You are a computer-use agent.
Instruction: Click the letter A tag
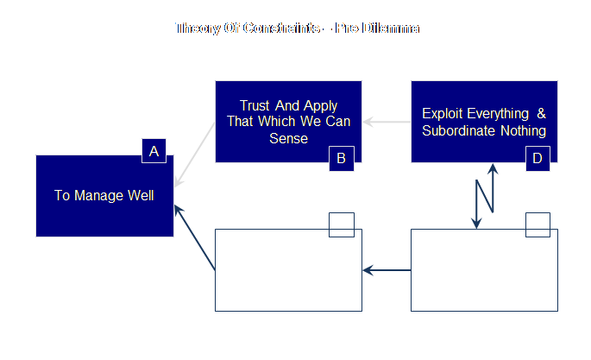click(154, 151)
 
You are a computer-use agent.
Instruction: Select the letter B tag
click(341, 158)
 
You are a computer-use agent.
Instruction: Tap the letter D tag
click(538, 158)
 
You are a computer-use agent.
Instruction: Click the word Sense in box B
click(288, 138)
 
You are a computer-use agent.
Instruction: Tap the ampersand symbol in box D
click(541, 114)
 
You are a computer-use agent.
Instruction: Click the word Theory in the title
click(197, 28)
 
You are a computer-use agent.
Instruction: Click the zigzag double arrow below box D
click(485, 195)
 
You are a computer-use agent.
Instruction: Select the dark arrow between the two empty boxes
click(387, 270)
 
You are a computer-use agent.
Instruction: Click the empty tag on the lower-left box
click(342, 224)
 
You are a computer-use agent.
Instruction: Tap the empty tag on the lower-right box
click(538, 224)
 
